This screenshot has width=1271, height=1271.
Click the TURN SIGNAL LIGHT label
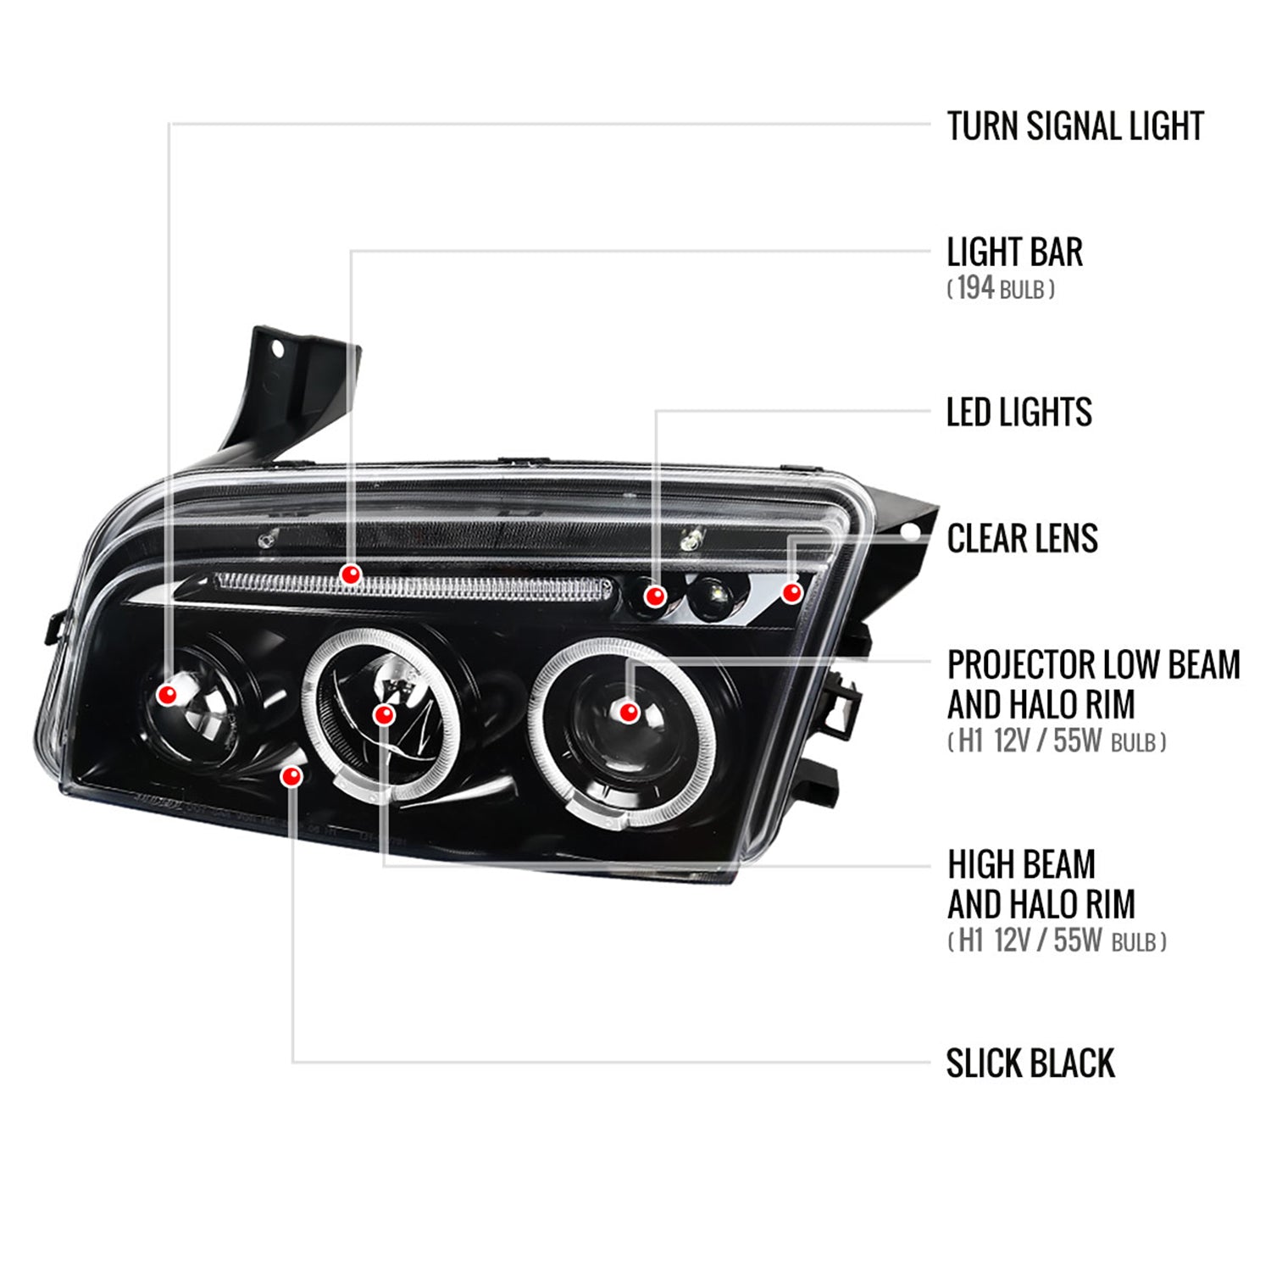1074,126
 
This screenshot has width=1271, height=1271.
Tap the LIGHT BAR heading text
1014,253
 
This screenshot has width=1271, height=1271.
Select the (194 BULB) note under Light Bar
1000,289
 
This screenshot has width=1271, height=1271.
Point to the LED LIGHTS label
1018,412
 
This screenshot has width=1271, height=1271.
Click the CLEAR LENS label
1022,539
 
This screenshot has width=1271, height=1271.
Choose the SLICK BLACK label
1030,1063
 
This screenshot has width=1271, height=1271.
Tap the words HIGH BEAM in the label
1021,865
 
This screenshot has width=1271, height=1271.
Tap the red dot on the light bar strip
351,574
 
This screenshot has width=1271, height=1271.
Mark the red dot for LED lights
654,597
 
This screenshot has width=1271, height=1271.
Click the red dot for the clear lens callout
791,592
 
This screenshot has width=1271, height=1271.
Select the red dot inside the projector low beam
628,712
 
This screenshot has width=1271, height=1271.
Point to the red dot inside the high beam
385,715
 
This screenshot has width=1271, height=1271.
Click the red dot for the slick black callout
293,776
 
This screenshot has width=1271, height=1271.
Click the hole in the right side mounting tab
909,532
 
